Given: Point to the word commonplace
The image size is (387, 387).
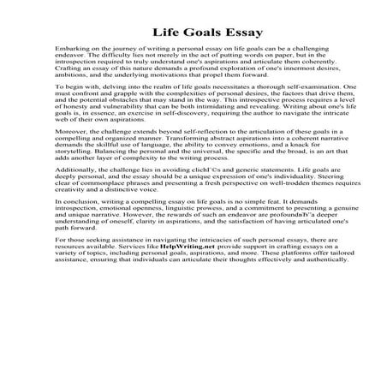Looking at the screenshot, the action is [x=86, y=219].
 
